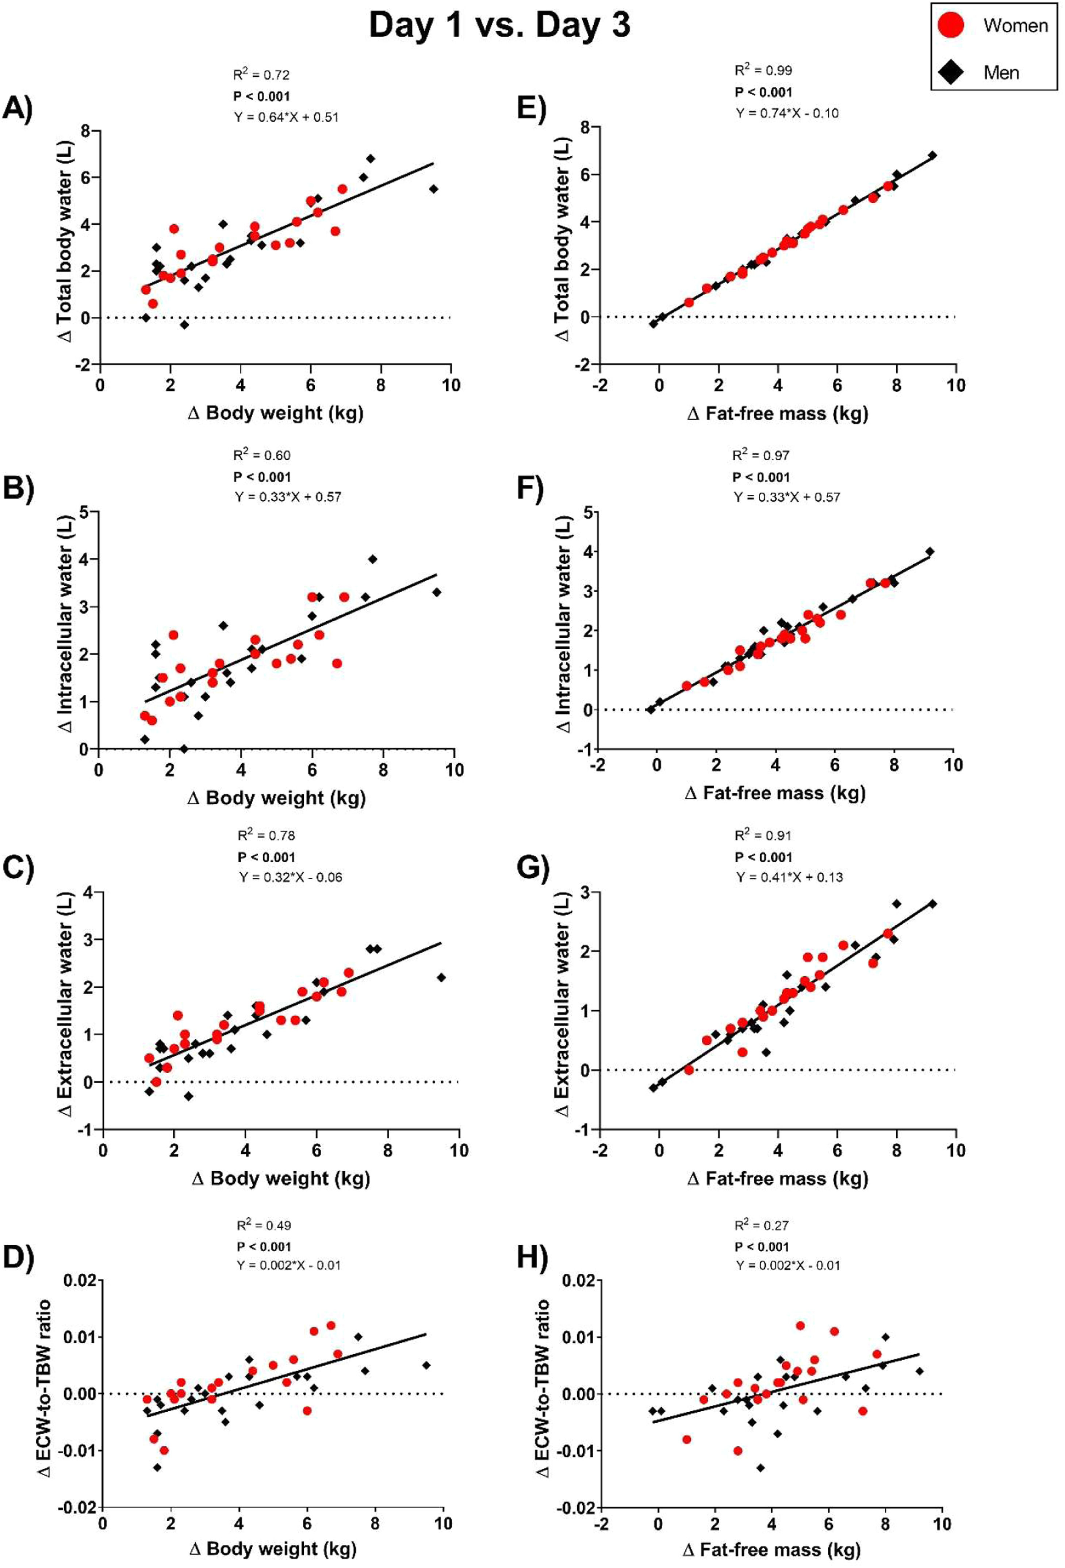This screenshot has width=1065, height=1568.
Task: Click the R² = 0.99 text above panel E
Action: pos(763,70)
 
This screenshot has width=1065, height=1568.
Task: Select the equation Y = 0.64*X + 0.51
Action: pos(286,117)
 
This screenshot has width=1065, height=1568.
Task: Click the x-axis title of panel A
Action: pos(275,413)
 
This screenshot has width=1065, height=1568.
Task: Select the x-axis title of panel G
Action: pos(777,1179)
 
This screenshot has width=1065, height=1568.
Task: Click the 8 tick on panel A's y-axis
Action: pos(86,131)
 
